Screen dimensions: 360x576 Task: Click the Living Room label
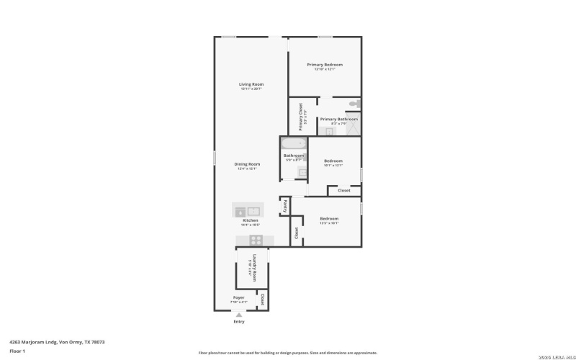pyautogui.click(x=251, y=84)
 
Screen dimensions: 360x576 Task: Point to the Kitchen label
pyautogui.click(x=250, y=220)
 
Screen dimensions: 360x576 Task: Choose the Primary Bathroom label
pyautogui.click(x=338, y=119)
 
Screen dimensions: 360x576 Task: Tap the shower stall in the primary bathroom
pyautogui.click(x=354, y=125)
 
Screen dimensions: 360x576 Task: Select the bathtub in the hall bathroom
pyautogui.click(x=294, y=143)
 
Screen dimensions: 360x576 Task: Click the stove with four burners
pyautogui.click(x=256, y=240)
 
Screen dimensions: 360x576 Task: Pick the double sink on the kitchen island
pyautogui.click(x=248, y=211)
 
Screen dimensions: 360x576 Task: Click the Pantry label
pyautogui.click(x=285, y=206)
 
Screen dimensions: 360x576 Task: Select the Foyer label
pyautogui.click(x=238, y=297)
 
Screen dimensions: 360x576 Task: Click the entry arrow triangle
pyautogui.click(x=239, y=314)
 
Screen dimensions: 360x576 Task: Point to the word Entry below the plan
pyautogui.click(x=239, y=321)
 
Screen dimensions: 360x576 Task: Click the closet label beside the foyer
pyautogui.click(x=263, y=300)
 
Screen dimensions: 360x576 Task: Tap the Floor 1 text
pyautogui.click(x=17, y=351)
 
